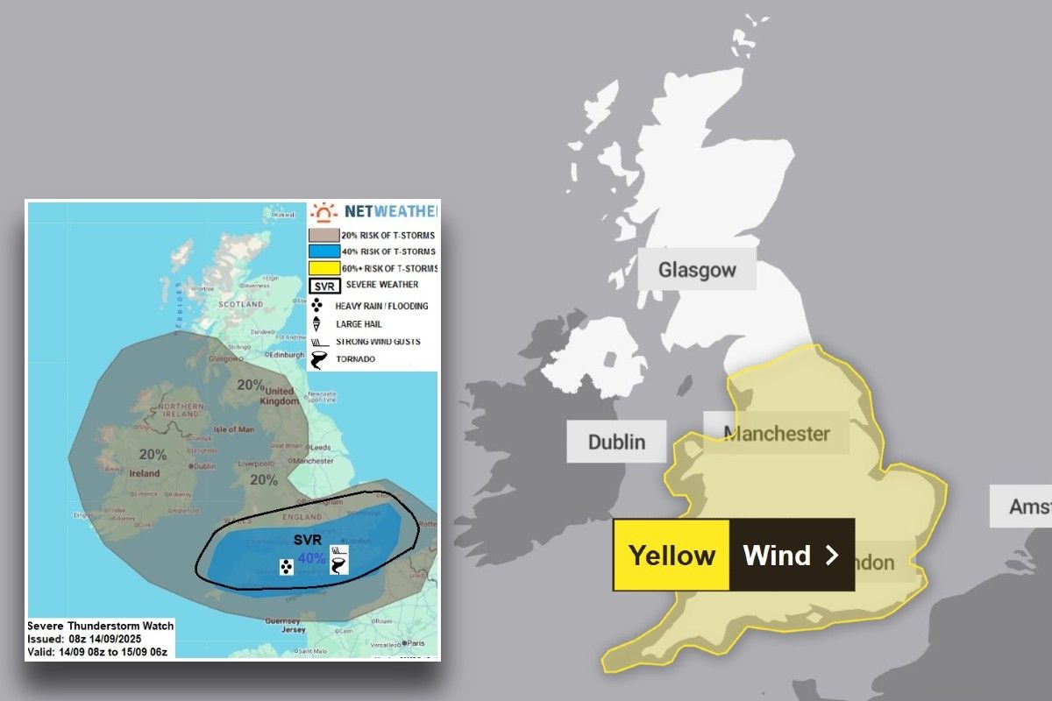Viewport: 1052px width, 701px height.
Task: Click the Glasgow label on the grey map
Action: coord(697,270)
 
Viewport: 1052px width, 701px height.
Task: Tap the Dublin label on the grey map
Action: coord(616,442)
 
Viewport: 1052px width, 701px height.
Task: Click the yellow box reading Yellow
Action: coord(672,556)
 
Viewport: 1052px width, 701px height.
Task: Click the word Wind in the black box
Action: coord(777,556)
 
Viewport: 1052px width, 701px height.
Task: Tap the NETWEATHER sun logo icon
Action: coord(324,212)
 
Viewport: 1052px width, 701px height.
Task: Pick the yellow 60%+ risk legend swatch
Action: coord(323,268)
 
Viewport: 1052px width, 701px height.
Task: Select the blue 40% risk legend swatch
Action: coord(323,251)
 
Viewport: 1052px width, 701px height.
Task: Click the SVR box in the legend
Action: coord(323,286)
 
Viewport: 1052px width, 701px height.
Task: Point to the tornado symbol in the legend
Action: coord(322,359)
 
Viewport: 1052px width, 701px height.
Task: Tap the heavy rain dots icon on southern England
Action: coord(286,568)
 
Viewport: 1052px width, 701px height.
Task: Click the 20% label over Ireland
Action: coord(153,454)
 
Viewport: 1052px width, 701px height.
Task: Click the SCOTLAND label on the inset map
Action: coord(240,304)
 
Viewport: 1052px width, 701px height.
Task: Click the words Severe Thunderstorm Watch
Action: coord(100,626)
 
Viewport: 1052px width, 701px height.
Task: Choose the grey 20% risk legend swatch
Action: coord(323,235)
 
